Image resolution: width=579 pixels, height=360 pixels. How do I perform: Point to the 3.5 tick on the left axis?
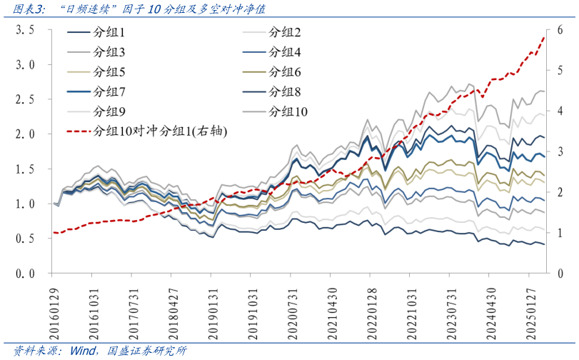26,30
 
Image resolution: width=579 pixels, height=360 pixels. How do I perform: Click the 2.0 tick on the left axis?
26,134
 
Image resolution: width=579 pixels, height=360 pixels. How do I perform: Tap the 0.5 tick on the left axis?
26,239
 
